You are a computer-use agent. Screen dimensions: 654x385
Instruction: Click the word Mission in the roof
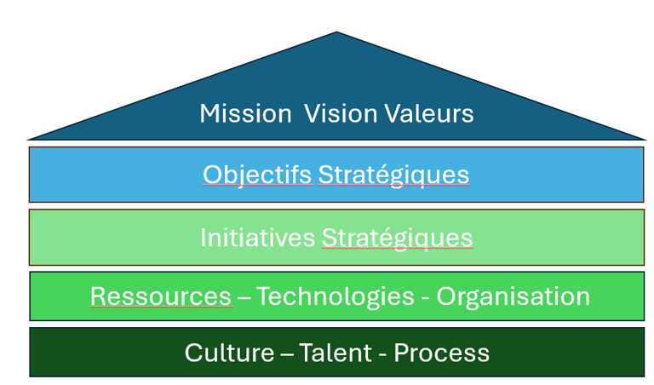(245, 113)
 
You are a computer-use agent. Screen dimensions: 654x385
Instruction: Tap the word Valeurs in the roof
(427, 113)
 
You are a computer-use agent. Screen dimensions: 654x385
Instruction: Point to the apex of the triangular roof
(336, 33)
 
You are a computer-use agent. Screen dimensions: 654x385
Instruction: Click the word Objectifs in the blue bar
(257, 175)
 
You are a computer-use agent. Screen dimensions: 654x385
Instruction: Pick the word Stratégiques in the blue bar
(393, 175)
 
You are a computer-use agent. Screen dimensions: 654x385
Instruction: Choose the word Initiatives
(257, 238)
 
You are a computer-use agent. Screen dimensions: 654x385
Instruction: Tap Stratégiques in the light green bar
(397, 238)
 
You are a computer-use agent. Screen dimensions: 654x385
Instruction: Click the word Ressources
(161, 296)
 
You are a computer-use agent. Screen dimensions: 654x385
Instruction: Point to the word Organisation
(513, 296)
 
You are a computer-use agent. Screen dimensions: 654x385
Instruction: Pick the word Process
(442, 353)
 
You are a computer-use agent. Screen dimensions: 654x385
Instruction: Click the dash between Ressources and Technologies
(244, 297)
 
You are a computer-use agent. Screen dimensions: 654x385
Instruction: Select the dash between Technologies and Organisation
(427, 297)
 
